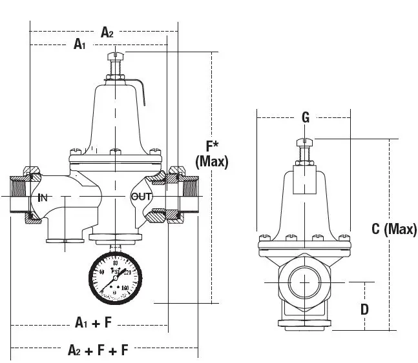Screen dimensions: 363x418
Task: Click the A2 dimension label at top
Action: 107,32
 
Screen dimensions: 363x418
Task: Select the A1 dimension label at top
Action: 80,44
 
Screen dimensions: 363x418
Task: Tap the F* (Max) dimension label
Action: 211,153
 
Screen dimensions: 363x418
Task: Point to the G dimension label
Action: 306,117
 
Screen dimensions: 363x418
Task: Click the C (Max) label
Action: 394,229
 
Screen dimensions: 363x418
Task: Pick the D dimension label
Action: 364,309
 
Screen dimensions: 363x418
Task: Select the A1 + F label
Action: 94,322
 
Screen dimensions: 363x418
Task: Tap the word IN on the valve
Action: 43,197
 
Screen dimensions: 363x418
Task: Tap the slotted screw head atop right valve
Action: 302,142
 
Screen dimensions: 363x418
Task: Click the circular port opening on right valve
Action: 304,282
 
